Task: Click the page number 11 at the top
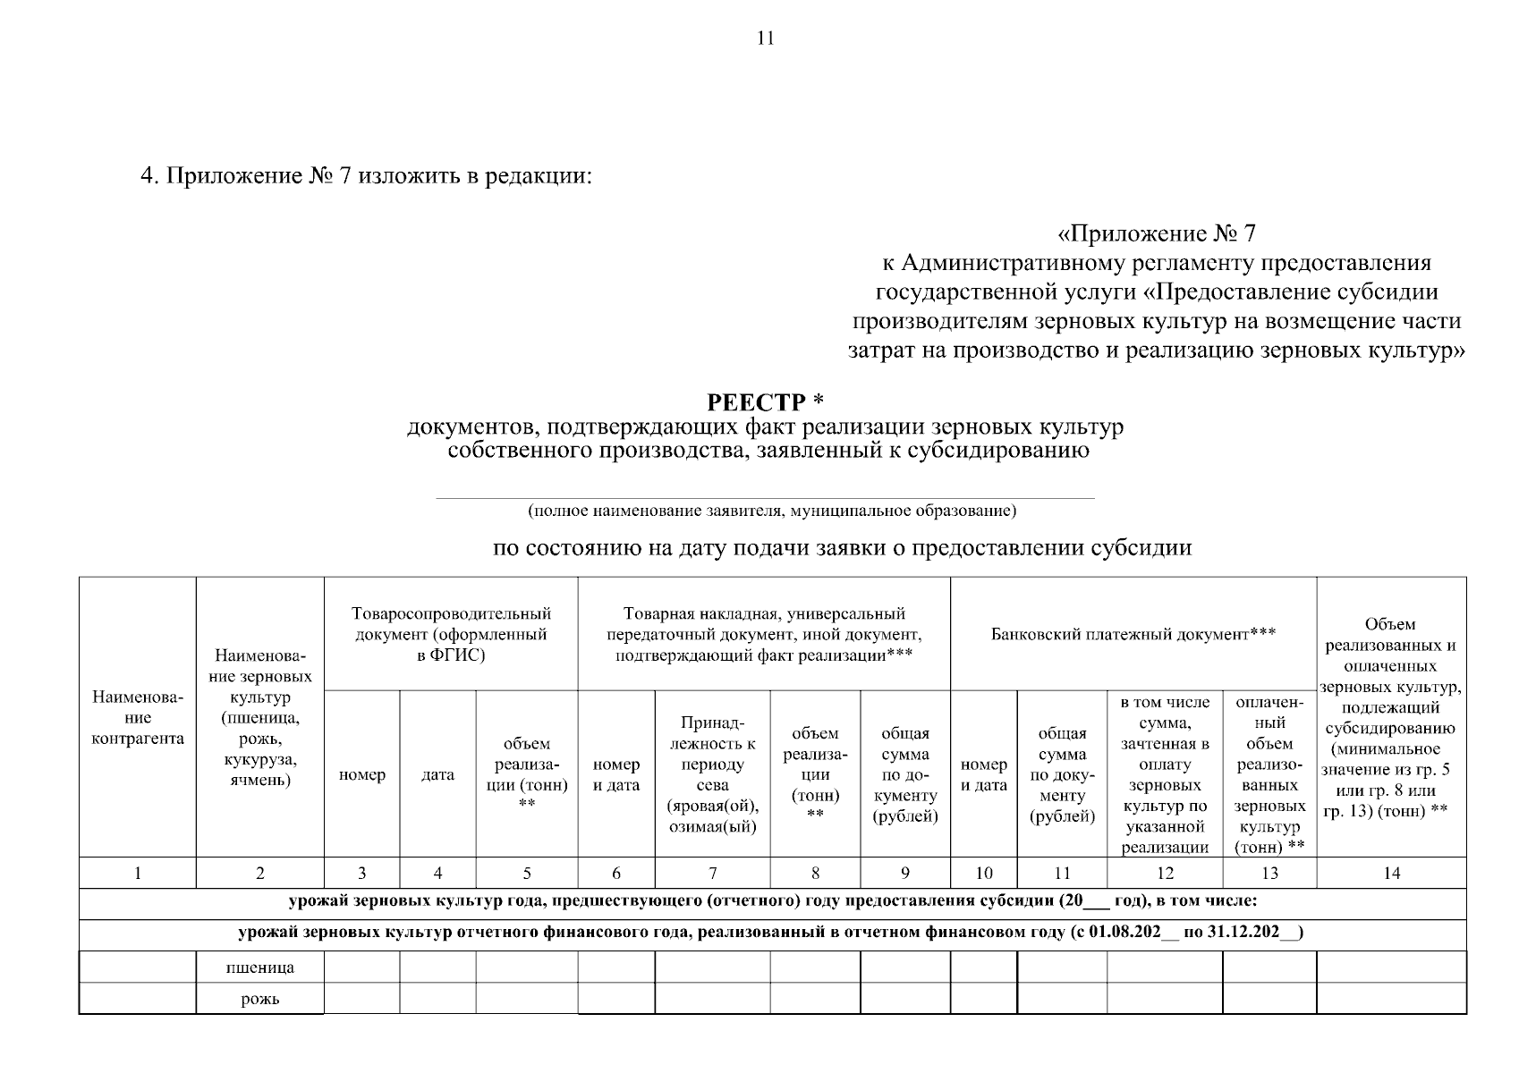tap(765, 38)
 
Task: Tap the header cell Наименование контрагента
tap(138, 717)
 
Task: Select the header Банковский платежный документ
tap(1133, 634)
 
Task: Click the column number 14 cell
tap(1391, 874)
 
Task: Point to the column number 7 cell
tap(712, 874)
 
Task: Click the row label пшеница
tap(259, 967)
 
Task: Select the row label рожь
tap(259, 999)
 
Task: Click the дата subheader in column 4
tap(437, 775)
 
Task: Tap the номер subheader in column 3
tap(361, 775)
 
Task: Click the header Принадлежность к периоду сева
tap(712, 774)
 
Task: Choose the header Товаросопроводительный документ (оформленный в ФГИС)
tap(451, 634)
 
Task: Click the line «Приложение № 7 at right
tap(1157, 234)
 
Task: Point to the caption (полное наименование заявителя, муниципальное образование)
tap(771, 511)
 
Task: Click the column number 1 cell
tap(138, 874)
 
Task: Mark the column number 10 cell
tap(983, 874)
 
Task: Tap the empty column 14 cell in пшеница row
tap(1391, 967)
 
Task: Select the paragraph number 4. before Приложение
tap(149, 176)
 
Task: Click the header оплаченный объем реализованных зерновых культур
tap(1269, 774)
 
